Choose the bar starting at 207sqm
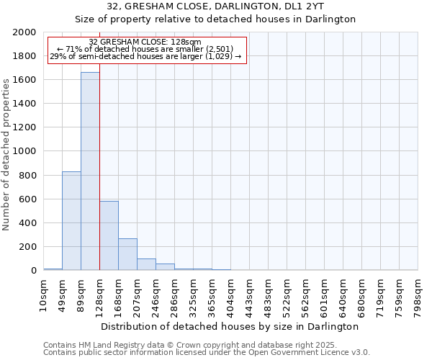(146, 264)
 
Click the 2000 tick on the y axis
(24, 32)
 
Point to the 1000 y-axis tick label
(24, 151)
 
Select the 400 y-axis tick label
(27, 223)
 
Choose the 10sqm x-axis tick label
(43, 292)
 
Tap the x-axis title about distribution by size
(230, 326)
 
